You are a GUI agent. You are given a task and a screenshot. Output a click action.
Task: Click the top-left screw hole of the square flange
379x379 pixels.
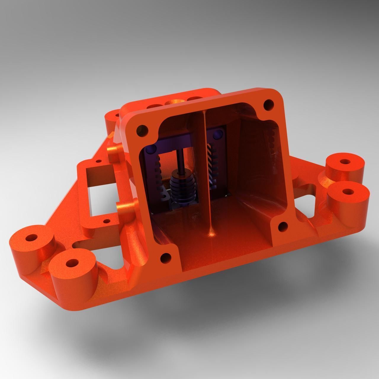point(142,130)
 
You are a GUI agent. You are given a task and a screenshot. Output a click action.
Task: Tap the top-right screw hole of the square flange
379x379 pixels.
point(268,104)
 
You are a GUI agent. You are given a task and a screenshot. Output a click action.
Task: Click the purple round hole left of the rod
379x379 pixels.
point(151,148)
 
